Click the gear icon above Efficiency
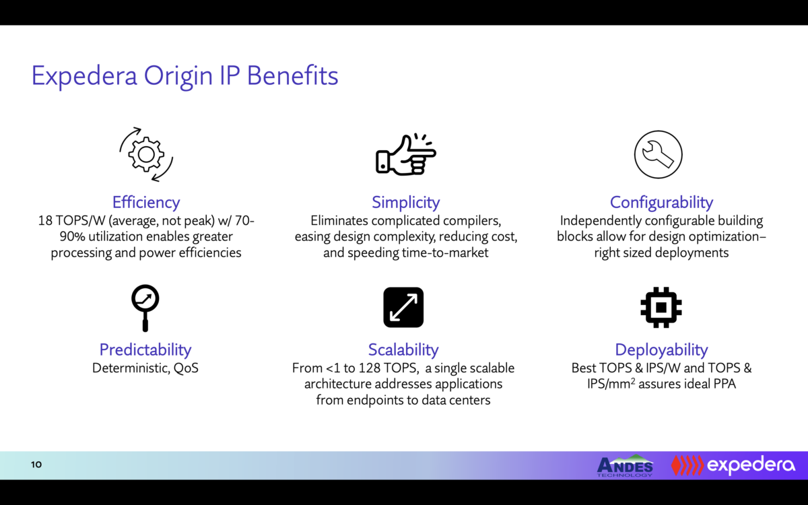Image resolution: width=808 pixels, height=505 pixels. (146, 154)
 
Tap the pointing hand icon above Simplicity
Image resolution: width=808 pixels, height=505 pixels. (405, 155)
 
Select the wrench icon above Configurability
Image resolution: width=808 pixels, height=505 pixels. (658, 154)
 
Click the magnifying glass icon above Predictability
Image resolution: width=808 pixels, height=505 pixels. (145, 307)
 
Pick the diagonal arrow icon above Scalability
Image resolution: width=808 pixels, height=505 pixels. (403, 307)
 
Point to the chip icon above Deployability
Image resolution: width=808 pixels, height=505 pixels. (661, 307)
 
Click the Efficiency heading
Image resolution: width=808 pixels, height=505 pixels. (146, 202)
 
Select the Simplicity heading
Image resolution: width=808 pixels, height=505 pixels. (405, 202)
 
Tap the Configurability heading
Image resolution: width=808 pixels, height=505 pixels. (661, 202)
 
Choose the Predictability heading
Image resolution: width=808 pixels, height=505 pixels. (145, 349)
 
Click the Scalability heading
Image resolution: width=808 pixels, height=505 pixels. (403, 349)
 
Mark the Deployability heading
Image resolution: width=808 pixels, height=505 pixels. (661, 349)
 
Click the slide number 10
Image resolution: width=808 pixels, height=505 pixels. (36, 465)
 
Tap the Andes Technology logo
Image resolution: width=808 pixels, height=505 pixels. (625, 465)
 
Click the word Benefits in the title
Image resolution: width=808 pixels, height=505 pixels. (292, 75)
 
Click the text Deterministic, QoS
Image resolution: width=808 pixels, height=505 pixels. (145, 368)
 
